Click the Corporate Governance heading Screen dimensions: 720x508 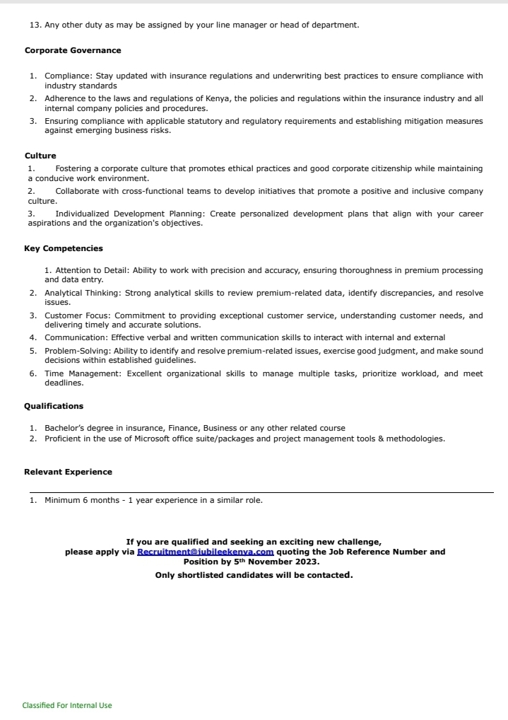(73, 51)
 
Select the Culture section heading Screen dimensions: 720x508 (40, 156)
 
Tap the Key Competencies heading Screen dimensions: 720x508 (64, 249)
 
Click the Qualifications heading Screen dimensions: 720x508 (54, 407)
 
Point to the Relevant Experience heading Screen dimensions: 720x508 (68, 472)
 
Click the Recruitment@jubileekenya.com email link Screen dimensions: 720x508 (205, 552)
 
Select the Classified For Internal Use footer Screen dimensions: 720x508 (67, 705)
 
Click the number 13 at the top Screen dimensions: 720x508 (35, 25)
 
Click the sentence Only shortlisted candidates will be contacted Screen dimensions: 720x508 (254, 575)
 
